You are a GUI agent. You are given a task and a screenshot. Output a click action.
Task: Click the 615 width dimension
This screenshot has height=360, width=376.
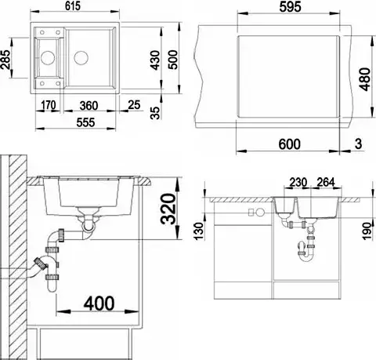click(x=73, y=6)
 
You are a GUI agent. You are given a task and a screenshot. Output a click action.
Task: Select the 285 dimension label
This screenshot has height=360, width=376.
click(x=5, y=59)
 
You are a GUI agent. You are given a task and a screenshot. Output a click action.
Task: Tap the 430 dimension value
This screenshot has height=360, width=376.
click(x=155, y=60)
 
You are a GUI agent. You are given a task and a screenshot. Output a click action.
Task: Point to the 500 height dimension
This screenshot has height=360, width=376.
click(x=173, y=60)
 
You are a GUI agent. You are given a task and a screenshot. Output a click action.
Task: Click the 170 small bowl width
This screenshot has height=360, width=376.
click(x=49, y=105)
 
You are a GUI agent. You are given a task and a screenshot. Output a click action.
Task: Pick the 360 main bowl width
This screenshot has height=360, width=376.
click(x=89, y=106)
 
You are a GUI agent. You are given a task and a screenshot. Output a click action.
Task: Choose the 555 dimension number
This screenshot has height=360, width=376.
click(x=85, y=122)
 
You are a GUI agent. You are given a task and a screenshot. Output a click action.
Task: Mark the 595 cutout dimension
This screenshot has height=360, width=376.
click(x=290, y=6)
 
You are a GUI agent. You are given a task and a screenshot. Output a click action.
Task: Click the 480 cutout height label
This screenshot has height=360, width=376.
click(x=365, y=79)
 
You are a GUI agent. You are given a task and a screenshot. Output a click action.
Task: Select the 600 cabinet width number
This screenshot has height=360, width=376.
click(x=290, y=144)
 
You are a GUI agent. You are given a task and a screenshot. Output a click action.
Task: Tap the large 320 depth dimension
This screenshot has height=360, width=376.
click(x=168, y=209)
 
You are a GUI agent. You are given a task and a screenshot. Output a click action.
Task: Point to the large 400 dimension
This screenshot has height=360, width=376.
click(x=99, y=304)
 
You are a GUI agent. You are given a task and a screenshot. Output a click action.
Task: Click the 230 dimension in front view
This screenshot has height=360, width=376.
click(x=298, y=182)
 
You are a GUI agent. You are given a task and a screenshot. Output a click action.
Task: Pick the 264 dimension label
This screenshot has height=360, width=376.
click(x=326, y=182)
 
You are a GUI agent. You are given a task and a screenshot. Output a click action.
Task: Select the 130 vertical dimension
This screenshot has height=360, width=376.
click(x=199, y=231)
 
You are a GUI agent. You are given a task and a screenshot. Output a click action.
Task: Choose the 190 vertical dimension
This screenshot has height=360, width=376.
click(x=367, y=231)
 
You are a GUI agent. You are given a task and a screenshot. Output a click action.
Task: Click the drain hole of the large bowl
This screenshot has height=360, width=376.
click(x=81, y=58)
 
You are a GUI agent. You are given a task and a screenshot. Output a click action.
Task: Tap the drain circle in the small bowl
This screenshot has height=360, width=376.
click(x=48, y=57)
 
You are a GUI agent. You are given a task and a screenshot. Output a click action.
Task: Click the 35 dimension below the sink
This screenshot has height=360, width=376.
click(x=155, y=113)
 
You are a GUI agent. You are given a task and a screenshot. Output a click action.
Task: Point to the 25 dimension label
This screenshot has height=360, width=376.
click(x=134, y=105)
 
